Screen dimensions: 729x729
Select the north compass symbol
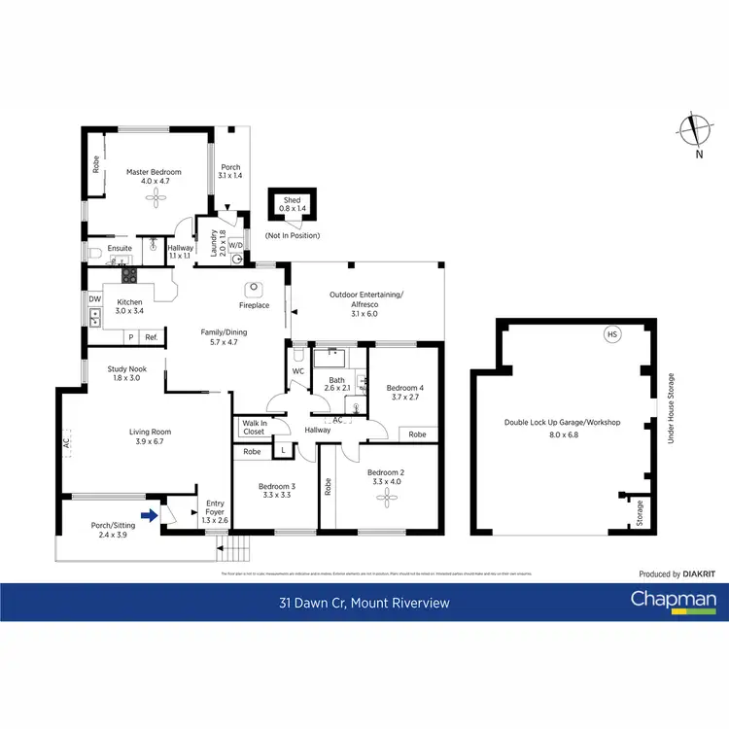click(x=693, y=131)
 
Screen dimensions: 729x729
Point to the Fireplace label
click(x=255, y=305)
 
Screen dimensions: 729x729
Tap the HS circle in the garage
click(x=611, y=335)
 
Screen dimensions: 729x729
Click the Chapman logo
click(x=674, y=600)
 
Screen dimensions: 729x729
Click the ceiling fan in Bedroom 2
click(x=387, y=499)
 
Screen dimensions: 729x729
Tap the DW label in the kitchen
click(x=94, y=299)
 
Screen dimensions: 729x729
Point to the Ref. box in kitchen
click(x=152, y=337)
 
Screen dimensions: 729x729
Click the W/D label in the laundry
click(x=235, y=246)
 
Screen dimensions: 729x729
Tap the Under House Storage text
click(x=671, y=409)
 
